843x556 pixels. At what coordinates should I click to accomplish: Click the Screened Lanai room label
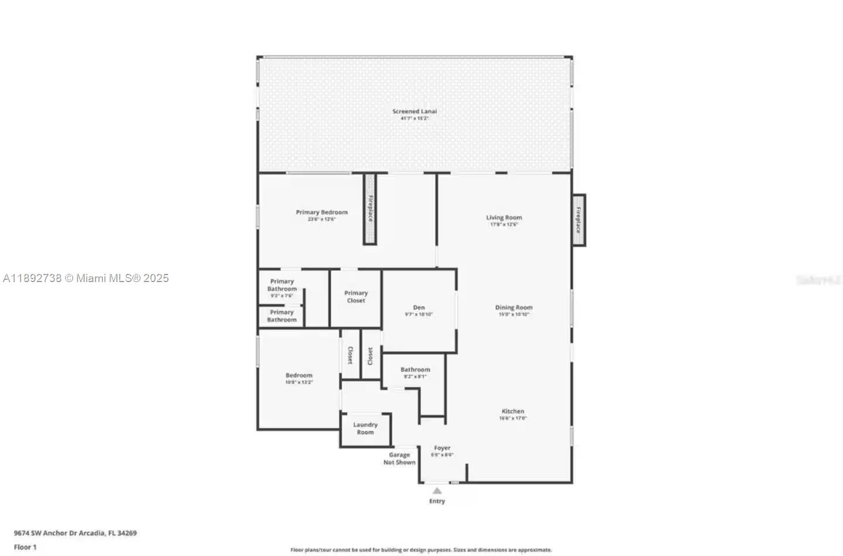click(x=414, y=111)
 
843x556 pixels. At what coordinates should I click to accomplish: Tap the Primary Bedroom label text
click(x=321, y=212)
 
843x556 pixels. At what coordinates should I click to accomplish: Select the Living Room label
click(x=503, y=218)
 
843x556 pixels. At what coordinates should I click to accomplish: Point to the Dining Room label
click(x=513, y=307)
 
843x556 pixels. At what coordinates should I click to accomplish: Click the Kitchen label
click(x=513, y=411)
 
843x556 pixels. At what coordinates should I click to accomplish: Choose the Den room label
click(x=419, y=307)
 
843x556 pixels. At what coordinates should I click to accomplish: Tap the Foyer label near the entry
click(x=442, y=448)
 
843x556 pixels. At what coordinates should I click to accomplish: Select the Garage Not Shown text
click(x=399, y=458)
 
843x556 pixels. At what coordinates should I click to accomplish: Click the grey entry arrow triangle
click(x=437, y=490)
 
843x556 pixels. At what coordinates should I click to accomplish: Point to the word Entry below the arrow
click(x=437, y=501)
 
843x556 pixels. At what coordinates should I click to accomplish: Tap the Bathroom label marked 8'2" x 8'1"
click(x=415, y=370)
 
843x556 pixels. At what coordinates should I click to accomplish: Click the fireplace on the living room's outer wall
click(x=578, y=220)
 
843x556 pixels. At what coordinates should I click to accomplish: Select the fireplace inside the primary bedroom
click(x=370, y=209)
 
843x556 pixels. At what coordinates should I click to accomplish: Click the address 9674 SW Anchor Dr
click(x=75, y=533)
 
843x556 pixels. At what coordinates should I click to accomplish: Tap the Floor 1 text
click(x=25, y=547)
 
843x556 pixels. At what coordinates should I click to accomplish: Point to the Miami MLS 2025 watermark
click(x=86, y=279)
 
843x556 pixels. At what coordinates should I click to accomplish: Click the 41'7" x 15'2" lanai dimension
click(x=414, y=118)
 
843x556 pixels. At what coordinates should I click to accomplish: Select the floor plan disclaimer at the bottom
click(x=421, y=550)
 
